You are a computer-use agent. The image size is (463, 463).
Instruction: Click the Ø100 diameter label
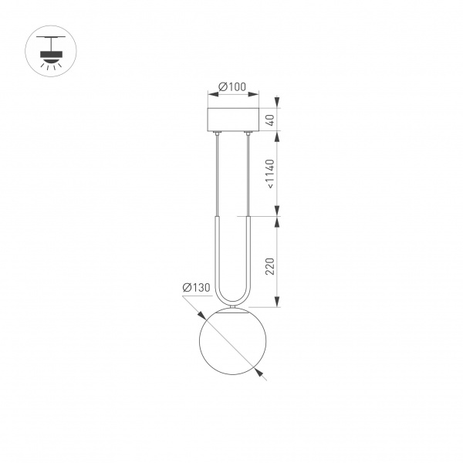click(231, 86)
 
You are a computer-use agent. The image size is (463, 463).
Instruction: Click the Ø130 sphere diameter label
click(196, 288)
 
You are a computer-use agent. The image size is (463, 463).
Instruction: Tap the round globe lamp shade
click(231, 343)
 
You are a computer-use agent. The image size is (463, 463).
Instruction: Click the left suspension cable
click(218, 174)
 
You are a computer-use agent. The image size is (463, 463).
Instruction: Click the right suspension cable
click(248, 174)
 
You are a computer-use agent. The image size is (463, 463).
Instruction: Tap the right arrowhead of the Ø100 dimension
click(254, 95)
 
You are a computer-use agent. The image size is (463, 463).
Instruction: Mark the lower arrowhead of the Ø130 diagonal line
click(263, 377)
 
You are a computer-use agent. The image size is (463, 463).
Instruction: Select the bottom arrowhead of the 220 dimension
click(278, 306)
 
